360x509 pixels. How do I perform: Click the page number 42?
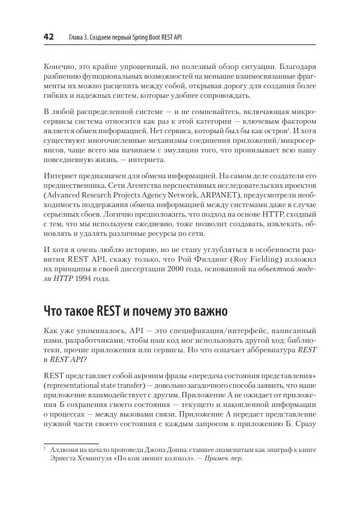tap(48, 37)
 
